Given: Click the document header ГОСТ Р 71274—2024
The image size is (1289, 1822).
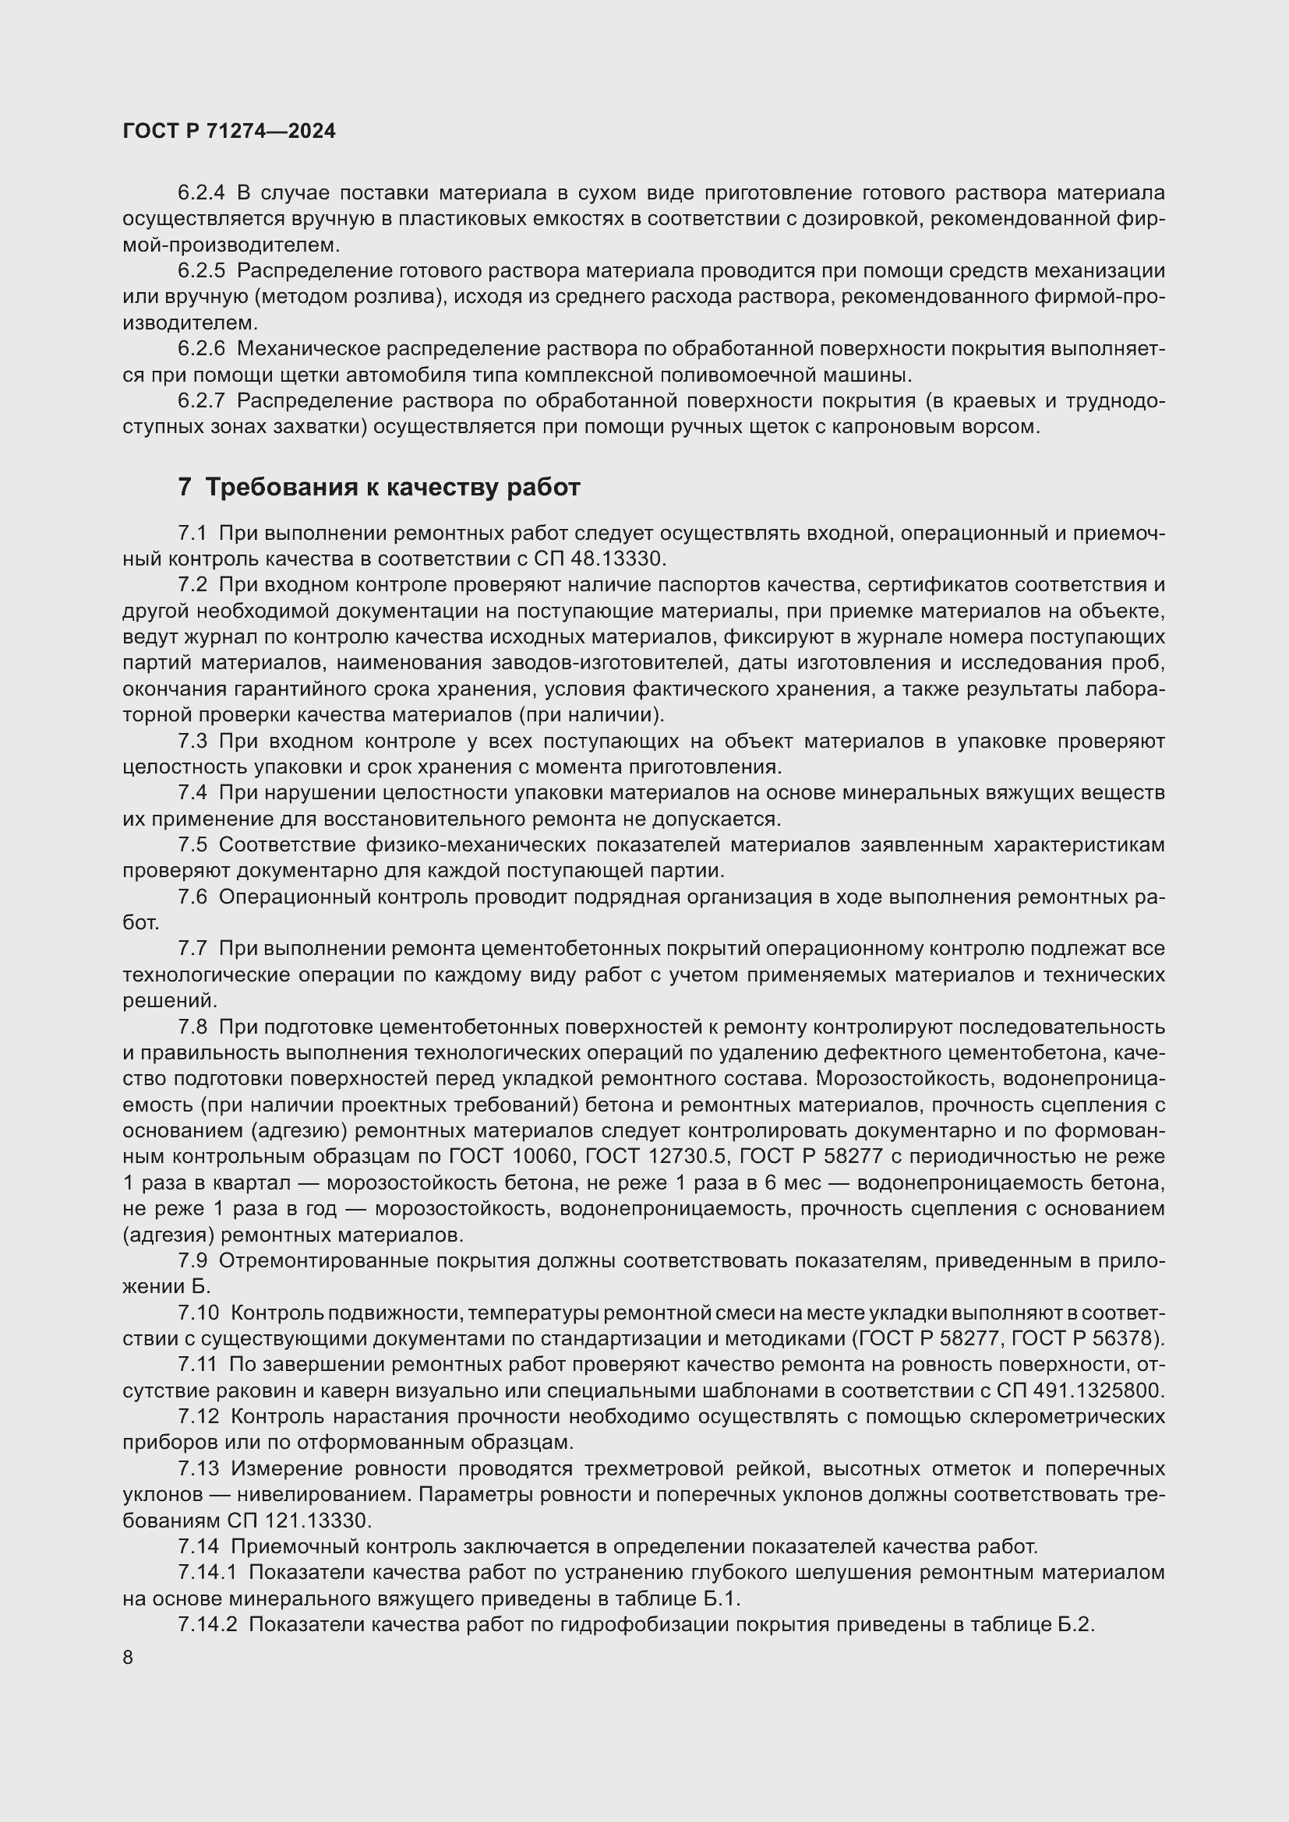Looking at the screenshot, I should (229, 132).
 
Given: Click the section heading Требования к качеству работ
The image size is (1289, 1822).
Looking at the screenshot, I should (392, 487).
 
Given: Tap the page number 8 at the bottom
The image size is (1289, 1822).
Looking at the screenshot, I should (128, 1658).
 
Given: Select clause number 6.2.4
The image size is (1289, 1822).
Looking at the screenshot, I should (201, 193).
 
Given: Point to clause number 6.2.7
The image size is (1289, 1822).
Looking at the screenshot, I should (201, 400).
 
